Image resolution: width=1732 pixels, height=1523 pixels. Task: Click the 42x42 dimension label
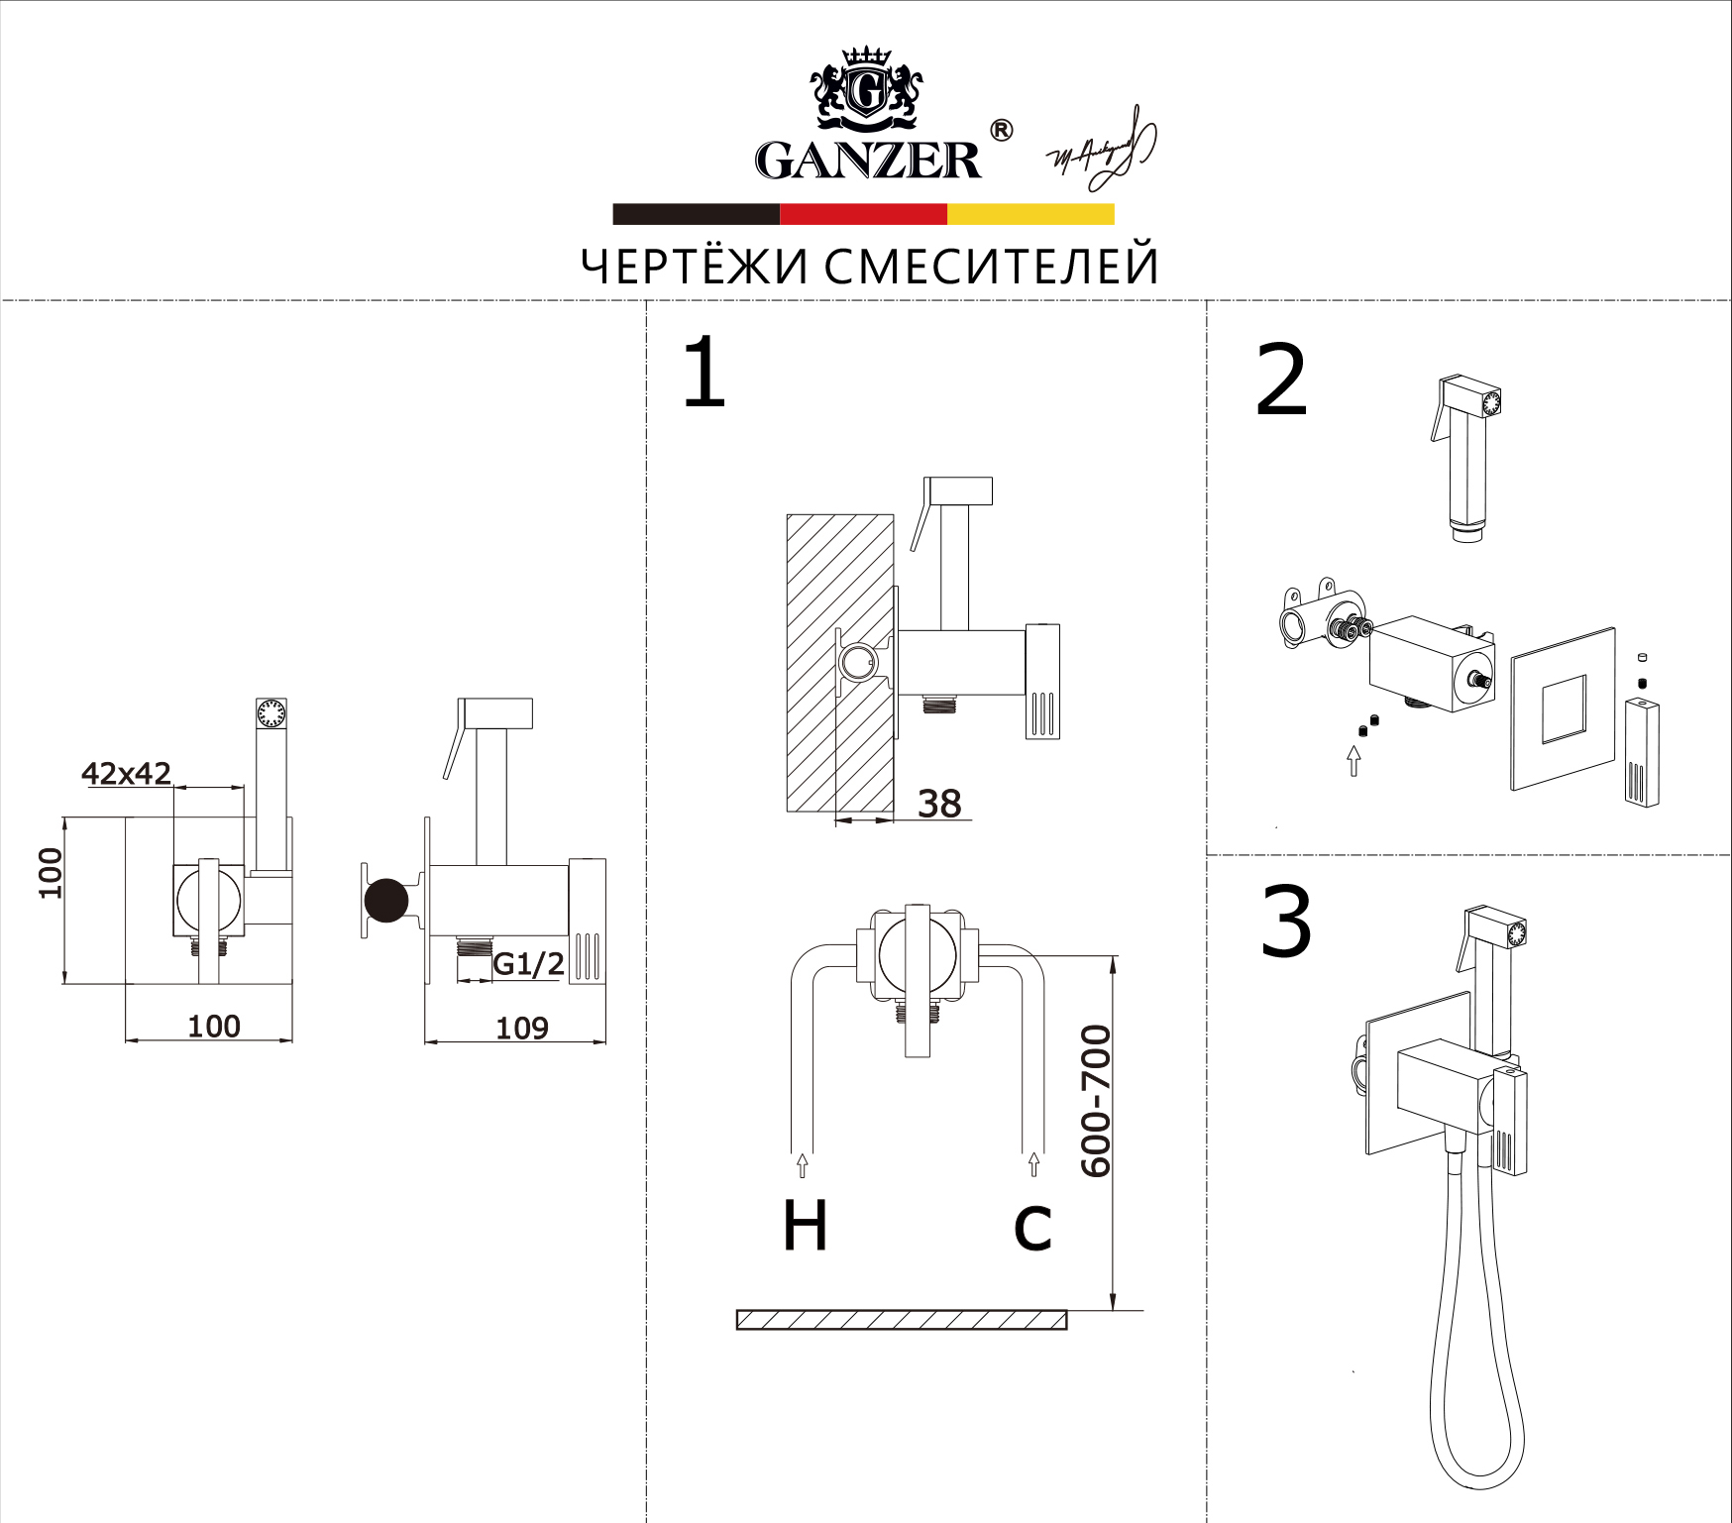click(126, 773)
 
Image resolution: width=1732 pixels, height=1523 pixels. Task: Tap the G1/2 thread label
click(528, 963)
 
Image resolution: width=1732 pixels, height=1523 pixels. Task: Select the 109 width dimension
click(522, 1028)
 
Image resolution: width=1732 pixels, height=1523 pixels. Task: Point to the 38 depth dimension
click(938, 804)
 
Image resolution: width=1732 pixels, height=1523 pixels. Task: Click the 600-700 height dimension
click(1096, 1101)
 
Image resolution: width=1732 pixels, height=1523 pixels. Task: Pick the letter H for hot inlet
click(805, 1226)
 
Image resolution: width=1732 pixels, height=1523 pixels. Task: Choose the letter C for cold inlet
click(1032, 1228)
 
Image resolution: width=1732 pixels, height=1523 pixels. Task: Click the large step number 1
click(704, 374)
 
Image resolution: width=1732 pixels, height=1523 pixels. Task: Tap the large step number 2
click(1281, 381)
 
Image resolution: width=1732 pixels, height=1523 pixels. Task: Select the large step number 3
click(1286, 924)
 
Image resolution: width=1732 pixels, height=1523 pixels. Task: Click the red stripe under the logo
click(863, 214)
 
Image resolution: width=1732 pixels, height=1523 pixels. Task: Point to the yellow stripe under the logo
click(1030, 214)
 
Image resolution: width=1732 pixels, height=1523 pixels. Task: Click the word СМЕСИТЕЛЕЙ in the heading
click(991, 267)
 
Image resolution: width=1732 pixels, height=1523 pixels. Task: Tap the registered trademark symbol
click(1002, 131)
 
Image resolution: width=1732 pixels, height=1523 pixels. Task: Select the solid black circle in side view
click(386, 901)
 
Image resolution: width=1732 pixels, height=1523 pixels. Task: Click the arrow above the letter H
click(803, 1165)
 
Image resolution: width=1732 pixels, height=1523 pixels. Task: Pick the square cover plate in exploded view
click(1563, 708)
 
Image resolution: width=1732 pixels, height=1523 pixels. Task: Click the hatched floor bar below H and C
click(902, 1320)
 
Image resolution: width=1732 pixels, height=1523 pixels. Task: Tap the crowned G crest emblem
click(867, 90)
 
